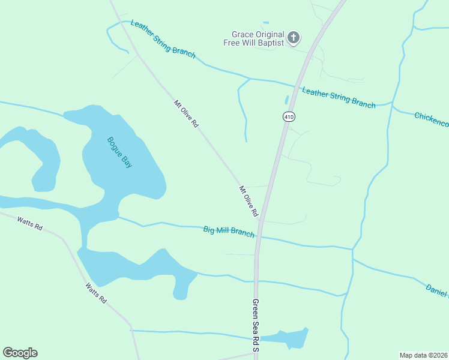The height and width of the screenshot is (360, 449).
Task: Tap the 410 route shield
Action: (x=289, y=116)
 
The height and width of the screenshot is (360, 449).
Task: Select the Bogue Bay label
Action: (x=119, y=152)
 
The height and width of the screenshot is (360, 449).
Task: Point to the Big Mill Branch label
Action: (x=229, y=232)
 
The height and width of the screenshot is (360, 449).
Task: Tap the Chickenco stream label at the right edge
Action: (x=432, y=119)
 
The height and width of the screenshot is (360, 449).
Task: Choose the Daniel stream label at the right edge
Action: (x=437, y=290)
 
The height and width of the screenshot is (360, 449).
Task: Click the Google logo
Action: (x=20, y=353)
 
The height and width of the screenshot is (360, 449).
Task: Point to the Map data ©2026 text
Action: (x=424, y=355)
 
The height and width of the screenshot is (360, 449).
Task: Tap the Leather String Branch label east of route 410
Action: (x=339, y=98)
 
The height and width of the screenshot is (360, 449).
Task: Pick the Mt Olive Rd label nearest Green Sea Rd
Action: (x=249, y=202)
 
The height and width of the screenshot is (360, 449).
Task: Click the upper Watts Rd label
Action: (x=30, y=223)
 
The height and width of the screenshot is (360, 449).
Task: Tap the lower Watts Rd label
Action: (x=95, y=293)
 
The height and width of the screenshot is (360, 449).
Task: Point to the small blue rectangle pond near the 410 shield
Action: (x=286, y=99)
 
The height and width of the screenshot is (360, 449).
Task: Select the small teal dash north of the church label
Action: (x=265, y=23)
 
